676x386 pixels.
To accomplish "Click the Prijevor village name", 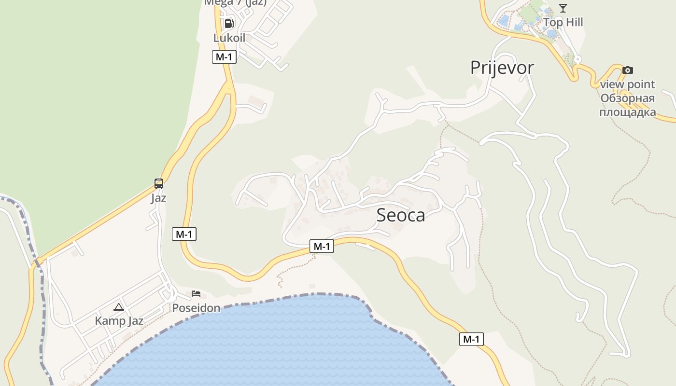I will [502, 68].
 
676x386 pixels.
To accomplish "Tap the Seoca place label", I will [401, 215].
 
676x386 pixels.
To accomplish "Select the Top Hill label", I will [563, 22].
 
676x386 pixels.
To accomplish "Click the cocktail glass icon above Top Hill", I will [563, 8].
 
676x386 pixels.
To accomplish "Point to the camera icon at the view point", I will [627, 70].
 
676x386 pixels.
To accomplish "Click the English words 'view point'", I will [627, 84].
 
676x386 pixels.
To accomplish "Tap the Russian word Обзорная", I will [627, 98].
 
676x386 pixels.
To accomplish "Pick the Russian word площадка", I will [627, 112].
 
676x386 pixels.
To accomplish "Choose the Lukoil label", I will [229, 38].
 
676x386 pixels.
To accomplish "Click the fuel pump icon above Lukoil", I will [229, 23].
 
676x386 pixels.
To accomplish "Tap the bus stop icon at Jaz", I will [159, 183].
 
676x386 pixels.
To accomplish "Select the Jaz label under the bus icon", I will [158, 198].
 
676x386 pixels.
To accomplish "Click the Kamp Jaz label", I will [119, 321].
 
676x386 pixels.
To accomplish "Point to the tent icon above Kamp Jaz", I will [119, 306].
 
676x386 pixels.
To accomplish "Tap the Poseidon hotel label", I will [196, 308].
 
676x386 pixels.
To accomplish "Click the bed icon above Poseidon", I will [196, 293].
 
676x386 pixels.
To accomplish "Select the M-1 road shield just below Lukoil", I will [224, 57].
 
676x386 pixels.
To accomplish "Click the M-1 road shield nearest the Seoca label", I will [322, 247].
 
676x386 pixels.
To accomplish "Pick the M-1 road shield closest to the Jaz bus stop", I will [184, 234].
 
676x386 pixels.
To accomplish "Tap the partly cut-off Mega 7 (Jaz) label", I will [235, 2].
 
